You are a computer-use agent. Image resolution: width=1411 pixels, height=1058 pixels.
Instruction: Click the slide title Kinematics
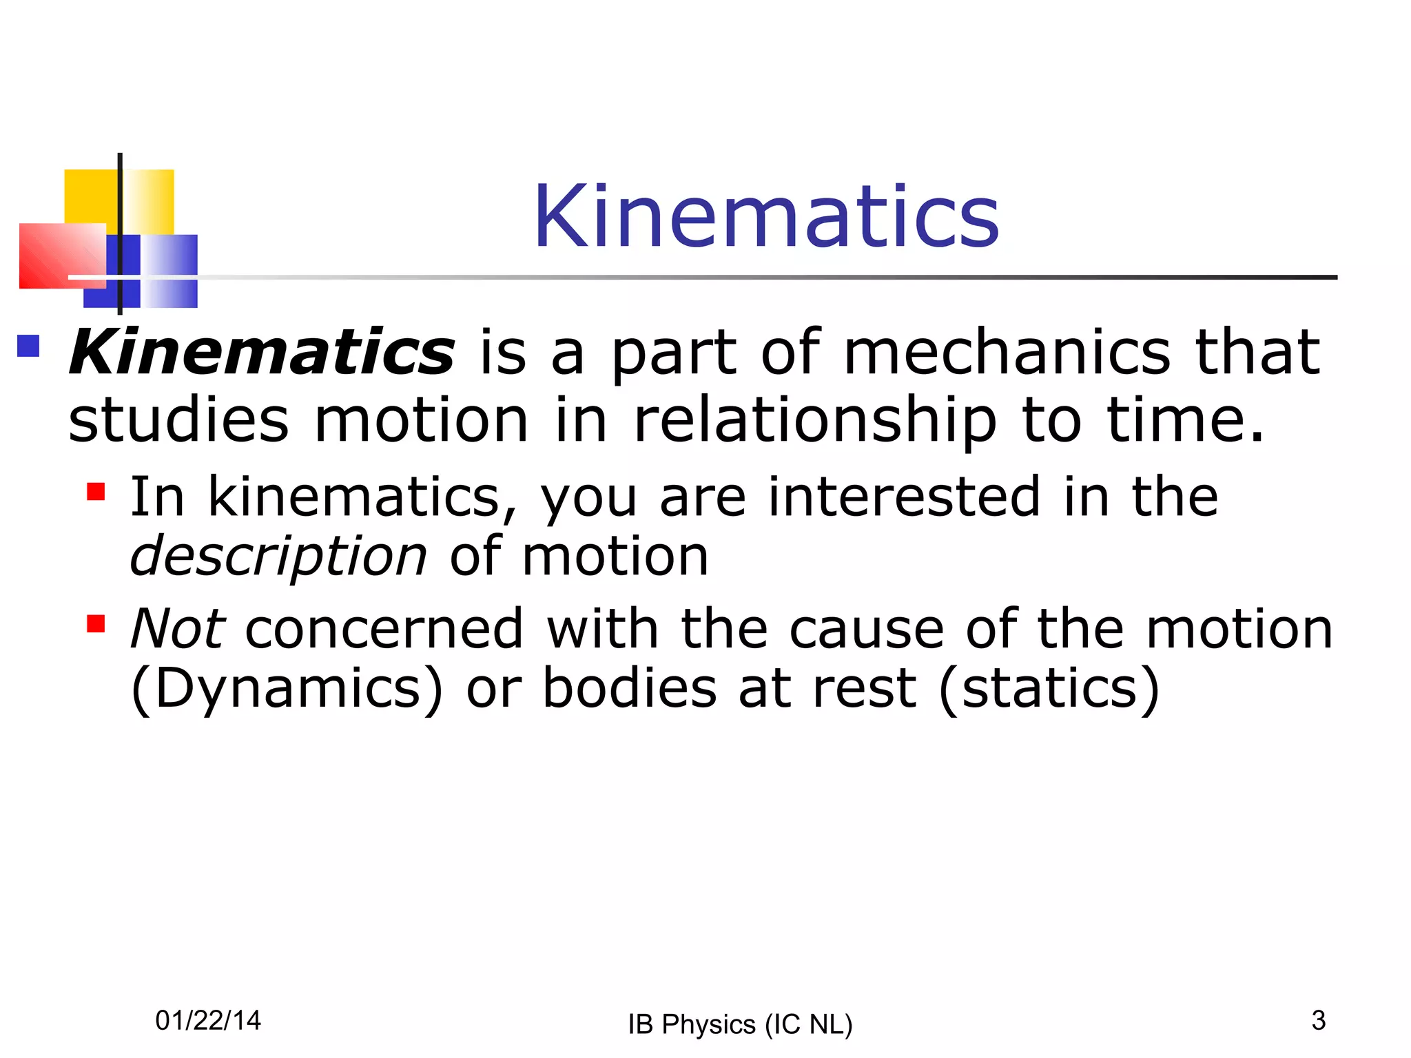[x=766, y=216]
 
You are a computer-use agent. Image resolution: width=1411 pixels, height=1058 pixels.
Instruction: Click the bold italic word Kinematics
[x=262, y=353]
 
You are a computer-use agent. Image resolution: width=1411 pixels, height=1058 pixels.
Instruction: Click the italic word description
[x=278, y=557]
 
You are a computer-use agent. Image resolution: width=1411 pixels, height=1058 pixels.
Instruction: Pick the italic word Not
[x=177, y=628]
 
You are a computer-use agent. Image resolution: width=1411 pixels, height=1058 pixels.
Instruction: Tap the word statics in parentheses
[x=1049, y=689]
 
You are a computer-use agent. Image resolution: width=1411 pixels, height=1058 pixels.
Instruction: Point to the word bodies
[x=630, y=689]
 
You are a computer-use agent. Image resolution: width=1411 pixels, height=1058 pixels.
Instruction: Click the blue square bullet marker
[x=28, y=346]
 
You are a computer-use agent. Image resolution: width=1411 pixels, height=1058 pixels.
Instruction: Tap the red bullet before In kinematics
[x=96, y=491]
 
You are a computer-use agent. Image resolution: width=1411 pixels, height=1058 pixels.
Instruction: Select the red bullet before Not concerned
[x=96, y=623]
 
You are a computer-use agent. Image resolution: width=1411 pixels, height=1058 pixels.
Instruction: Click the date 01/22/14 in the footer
[x=208, y=1020]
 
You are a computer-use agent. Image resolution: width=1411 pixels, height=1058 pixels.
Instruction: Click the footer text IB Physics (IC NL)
[x=740, y=1024]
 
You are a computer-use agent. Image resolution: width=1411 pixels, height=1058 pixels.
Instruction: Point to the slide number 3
[x=1318, y=1020]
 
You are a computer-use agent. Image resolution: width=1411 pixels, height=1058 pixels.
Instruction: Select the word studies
[x=178, y=420]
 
